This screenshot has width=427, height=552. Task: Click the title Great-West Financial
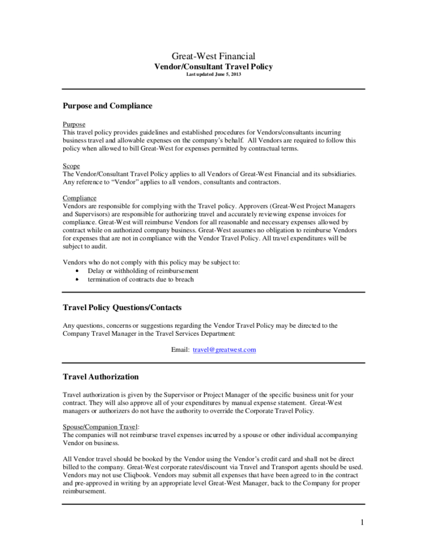(x=213, y=56)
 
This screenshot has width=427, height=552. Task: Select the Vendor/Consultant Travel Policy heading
(x=213, y=67)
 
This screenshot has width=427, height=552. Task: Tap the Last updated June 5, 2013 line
(x=213, y=75)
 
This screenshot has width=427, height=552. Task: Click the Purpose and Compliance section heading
(x=107, y=106)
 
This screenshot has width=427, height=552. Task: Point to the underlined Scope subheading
(x=71, y=166)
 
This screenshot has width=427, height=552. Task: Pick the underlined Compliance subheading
(x=80, y=198)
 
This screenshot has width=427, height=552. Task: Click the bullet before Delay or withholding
(x=77, y=271)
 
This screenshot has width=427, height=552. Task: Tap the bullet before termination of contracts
(x=77, y=279)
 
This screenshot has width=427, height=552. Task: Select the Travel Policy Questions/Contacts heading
(x=122, y=308)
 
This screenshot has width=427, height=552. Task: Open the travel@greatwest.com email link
(x=224, y=350)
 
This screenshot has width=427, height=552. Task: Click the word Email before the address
(x=180, y=350)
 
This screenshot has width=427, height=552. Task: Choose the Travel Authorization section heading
(x=100, y=377)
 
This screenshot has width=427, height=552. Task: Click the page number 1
(x=362, y=522)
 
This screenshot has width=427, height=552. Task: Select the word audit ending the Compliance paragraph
(x=98, y=246)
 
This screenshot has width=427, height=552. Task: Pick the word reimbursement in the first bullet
(x=178, y=271)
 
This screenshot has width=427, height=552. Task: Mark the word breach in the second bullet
(x=184, y=279)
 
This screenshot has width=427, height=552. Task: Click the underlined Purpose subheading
(x=74, y=124)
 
